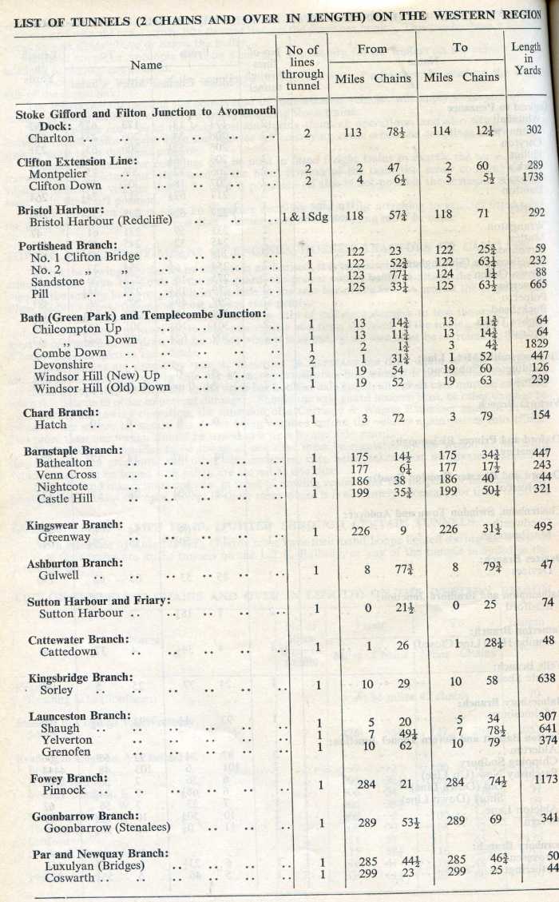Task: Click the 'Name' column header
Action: coord(146,65)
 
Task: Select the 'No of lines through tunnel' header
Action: coord(302,68)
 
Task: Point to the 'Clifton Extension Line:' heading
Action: coord(77,161)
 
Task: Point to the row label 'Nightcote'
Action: coord(61,487)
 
